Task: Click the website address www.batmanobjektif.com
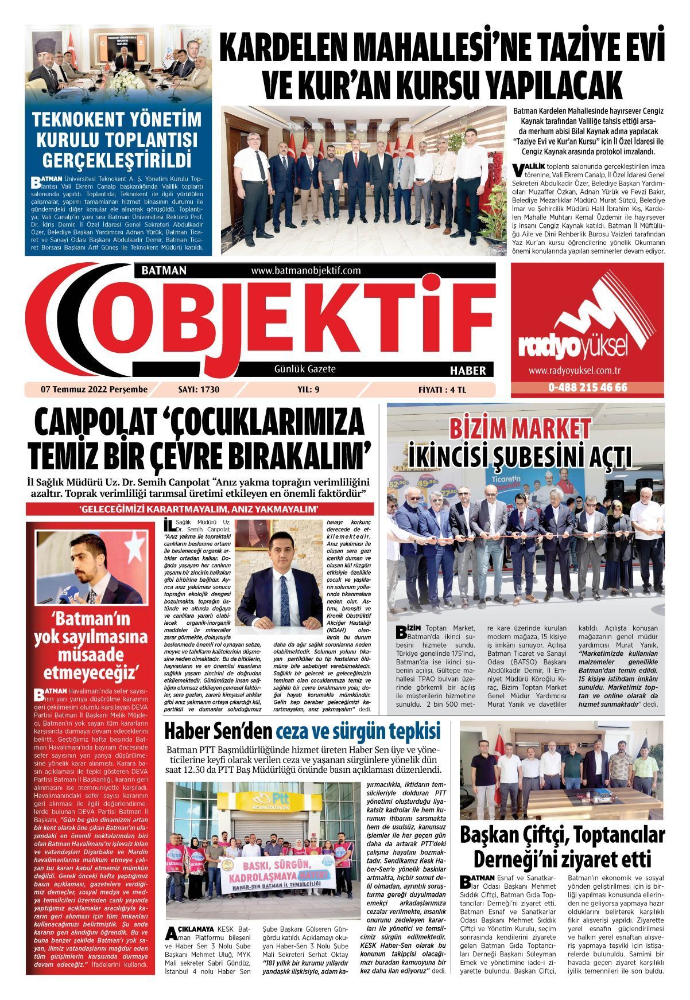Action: point(305,270)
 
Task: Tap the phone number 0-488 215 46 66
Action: point(587,387)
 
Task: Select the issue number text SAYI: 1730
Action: point(199,390)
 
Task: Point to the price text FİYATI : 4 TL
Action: point(442,390)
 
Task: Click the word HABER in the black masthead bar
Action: point(468,371)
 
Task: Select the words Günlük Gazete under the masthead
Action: point(305,369)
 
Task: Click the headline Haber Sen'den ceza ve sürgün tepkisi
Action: point(303,731)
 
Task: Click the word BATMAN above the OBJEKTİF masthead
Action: point(160,270)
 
